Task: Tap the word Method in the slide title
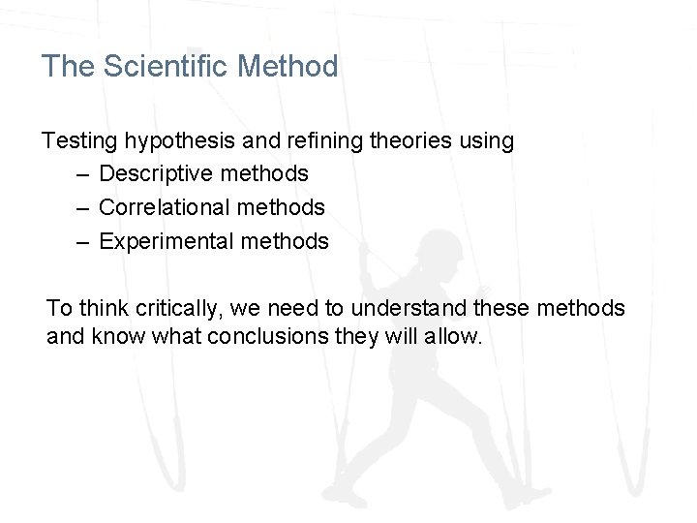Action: pos(288,67)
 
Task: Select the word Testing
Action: pos(79,141)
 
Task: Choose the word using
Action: pos(487,141)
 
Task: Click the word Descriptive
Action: pos(156,174)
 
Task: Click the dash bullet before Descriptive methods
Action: pos(84,175)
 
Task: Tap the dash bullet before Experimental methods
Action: pos(84,242)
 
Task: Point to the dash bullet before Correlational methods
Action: pos(84,208)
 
